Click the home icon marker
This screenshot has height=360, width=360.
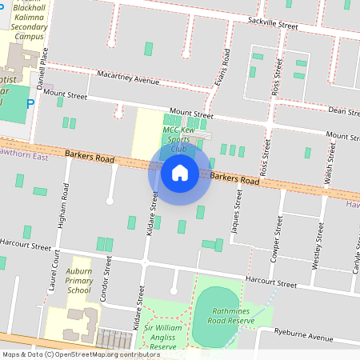click(x=180, y=172)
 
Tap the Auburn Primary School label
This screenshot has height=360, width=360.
click(x=79, y=275)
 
